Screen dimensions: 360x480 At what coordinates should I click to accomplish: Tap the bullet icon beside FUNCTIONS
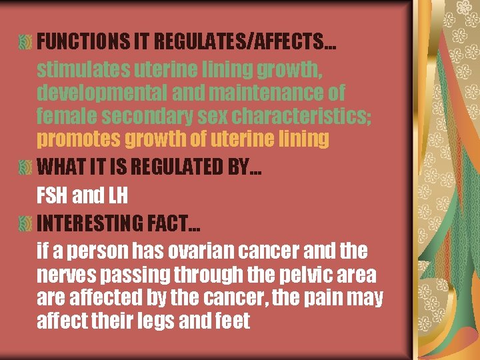(x=25, y=42)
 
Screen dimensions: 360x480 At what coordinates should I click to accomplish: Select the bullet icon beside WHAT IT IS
(x=25, y=167)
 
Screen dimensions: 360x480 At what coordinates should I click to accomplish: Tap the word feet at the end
(x=233, y=321)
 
